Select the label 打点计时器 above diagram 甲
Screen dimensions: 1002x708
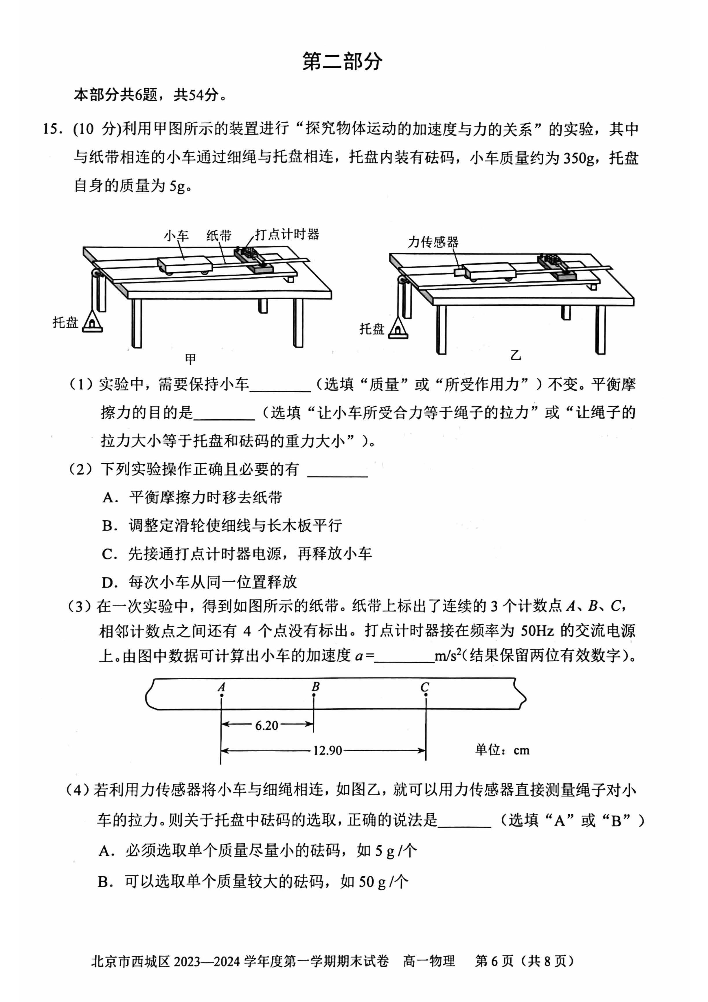287,234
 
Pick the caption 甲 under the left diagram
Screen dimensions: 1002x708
190,359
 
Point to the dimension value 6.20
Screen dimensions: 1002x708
266,726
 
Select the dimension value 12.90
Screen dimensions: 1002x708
327,750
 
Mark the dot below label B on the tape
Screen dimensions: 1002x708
314,695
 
